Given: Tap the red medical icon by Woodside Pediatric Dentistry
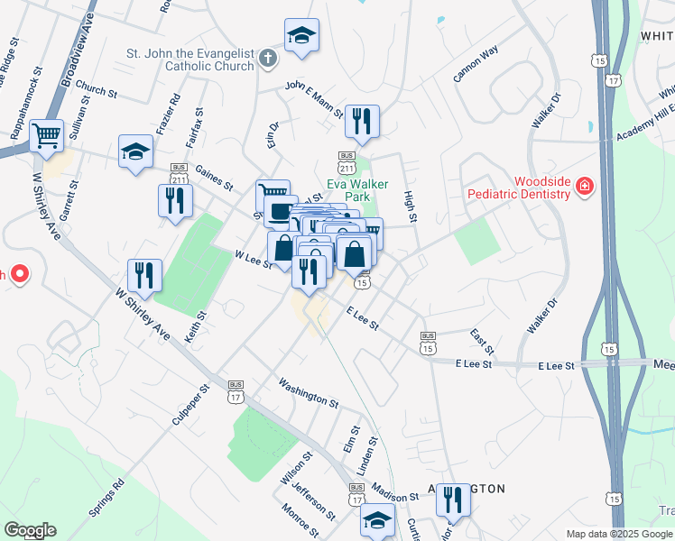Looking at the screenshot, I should [586, 188].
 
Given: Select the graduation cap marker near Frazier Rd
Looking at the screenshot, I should [135, 151].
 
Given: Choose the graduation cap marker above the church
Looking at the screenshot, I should [301, 36].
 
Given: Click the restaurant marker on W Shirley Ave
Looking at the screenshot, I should [144, 275].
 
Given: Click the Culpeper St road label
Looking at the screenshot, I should [192, 404].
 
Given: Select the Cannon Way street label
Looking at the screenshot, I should [476, 66].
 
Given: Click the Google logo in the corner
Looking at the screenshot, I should [30, 530].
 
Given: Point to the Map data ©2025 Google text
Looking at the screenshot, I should [618, 534].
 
